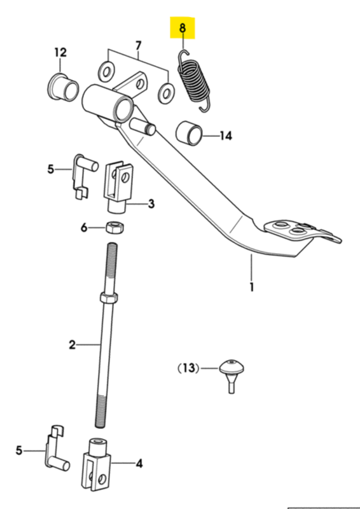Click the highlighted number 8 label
point(183,28)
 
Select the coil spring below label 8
point(195,81)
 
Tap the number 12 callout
point(60,52)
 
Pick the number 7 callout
point(139,46)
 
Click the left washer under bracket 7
point(106,72)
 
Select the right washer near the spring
point(166,94)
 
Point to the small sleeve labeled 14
point(189,133)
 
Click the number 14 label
point(226,136)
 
